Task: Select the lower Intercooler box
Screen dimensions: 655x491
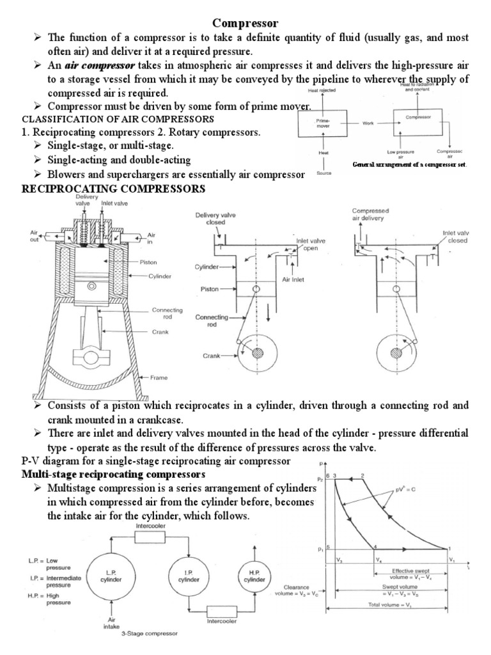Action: point(222,619)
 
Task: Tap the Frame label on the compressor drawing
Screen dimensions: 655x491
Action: point(159,377)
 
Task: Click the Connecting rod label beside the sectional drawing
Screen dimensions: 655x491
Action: point(166,313)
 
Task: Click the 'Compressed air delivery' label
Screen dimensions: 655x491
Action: point(373,214)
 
